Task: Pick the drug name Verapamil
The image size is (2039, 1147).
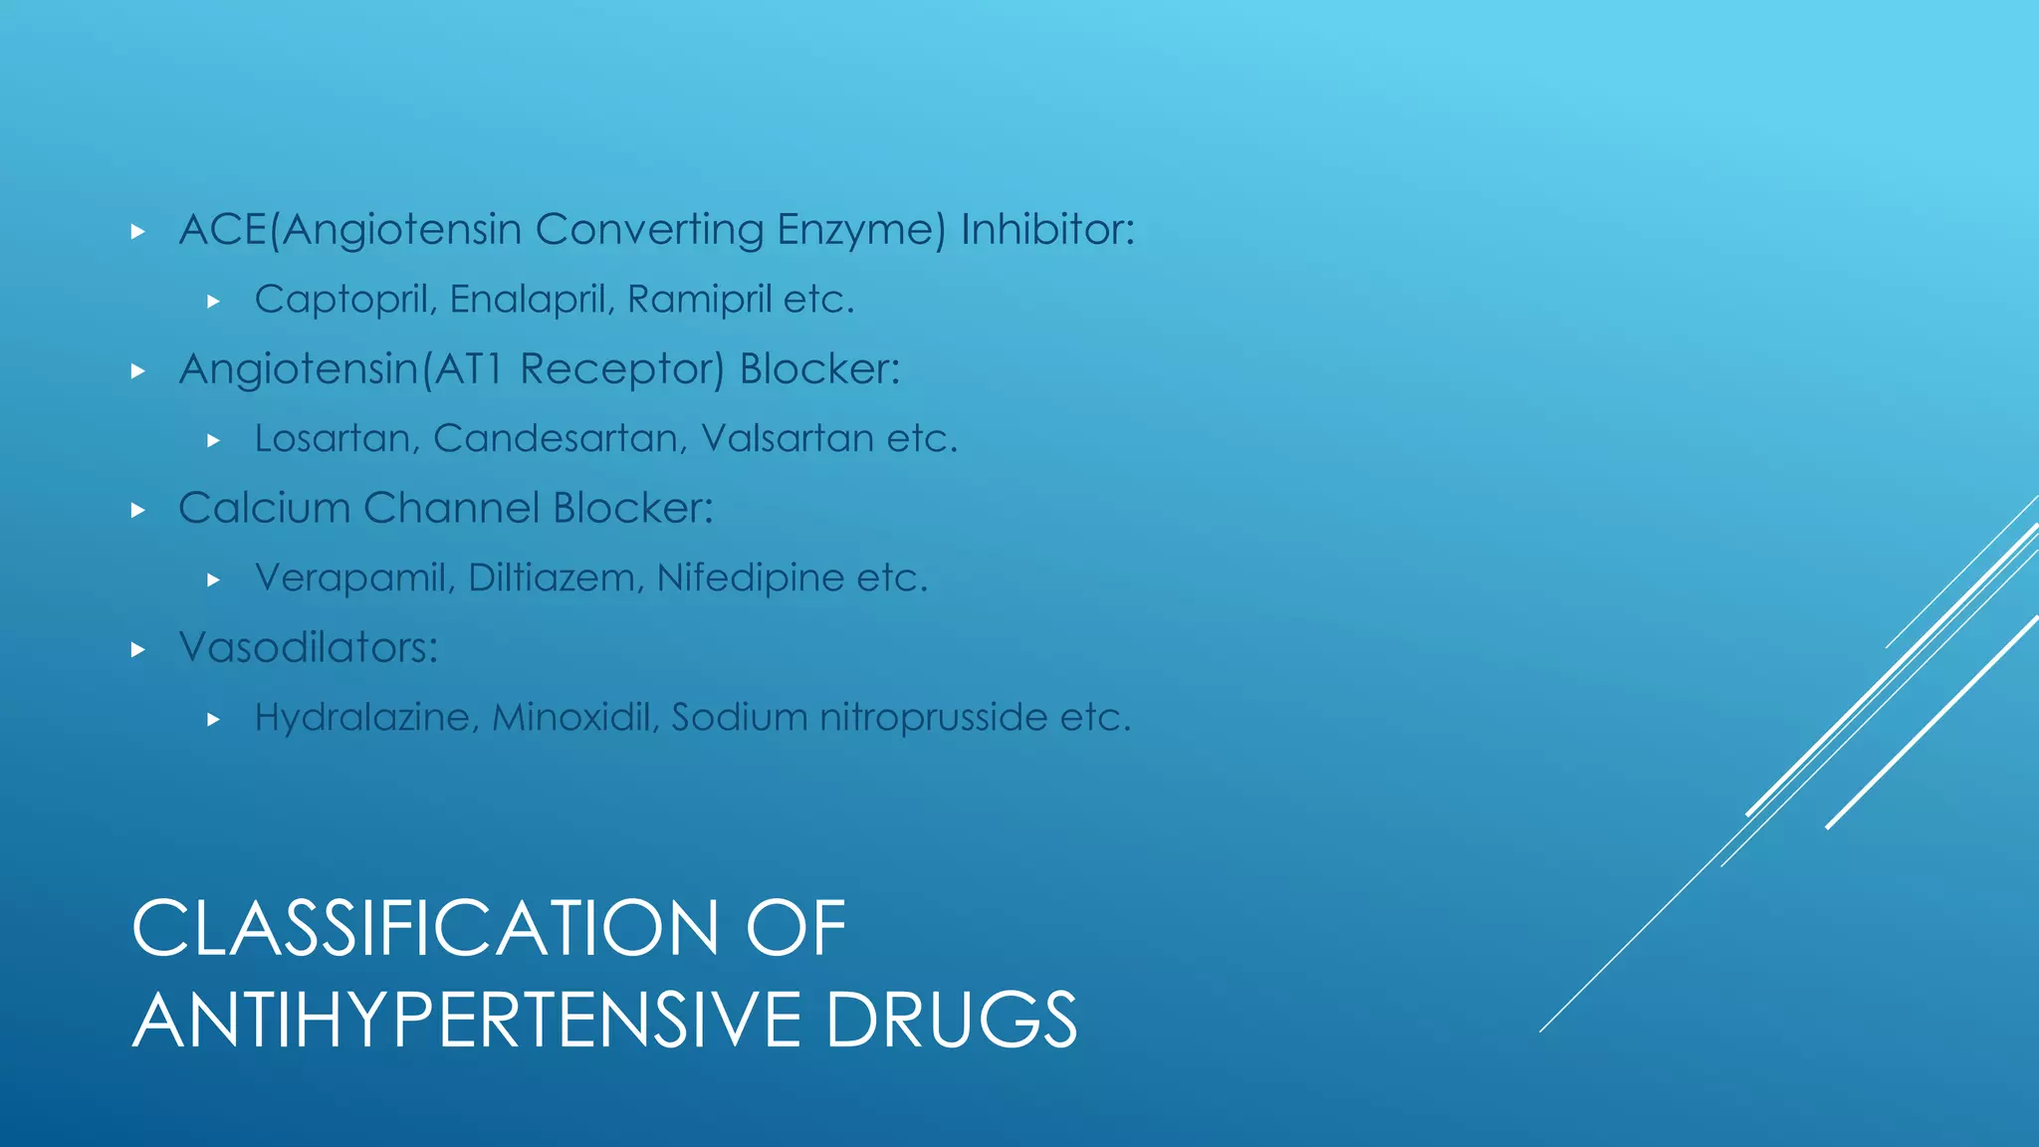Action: click(x=349, y=578)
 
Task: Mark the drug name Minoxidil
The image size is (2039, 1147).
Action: click(x=574, y=718)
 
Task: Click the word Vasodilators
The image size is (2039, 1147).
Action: click(x=307, y=648)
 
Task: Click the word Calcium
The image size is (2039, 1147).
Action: click(x=264, y=509)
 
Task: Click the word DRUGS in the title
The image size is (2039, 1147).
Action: click(x=951, y=1020)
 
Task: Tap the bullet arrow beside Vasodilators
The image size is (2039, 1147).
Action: click(x=138, y=650)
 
